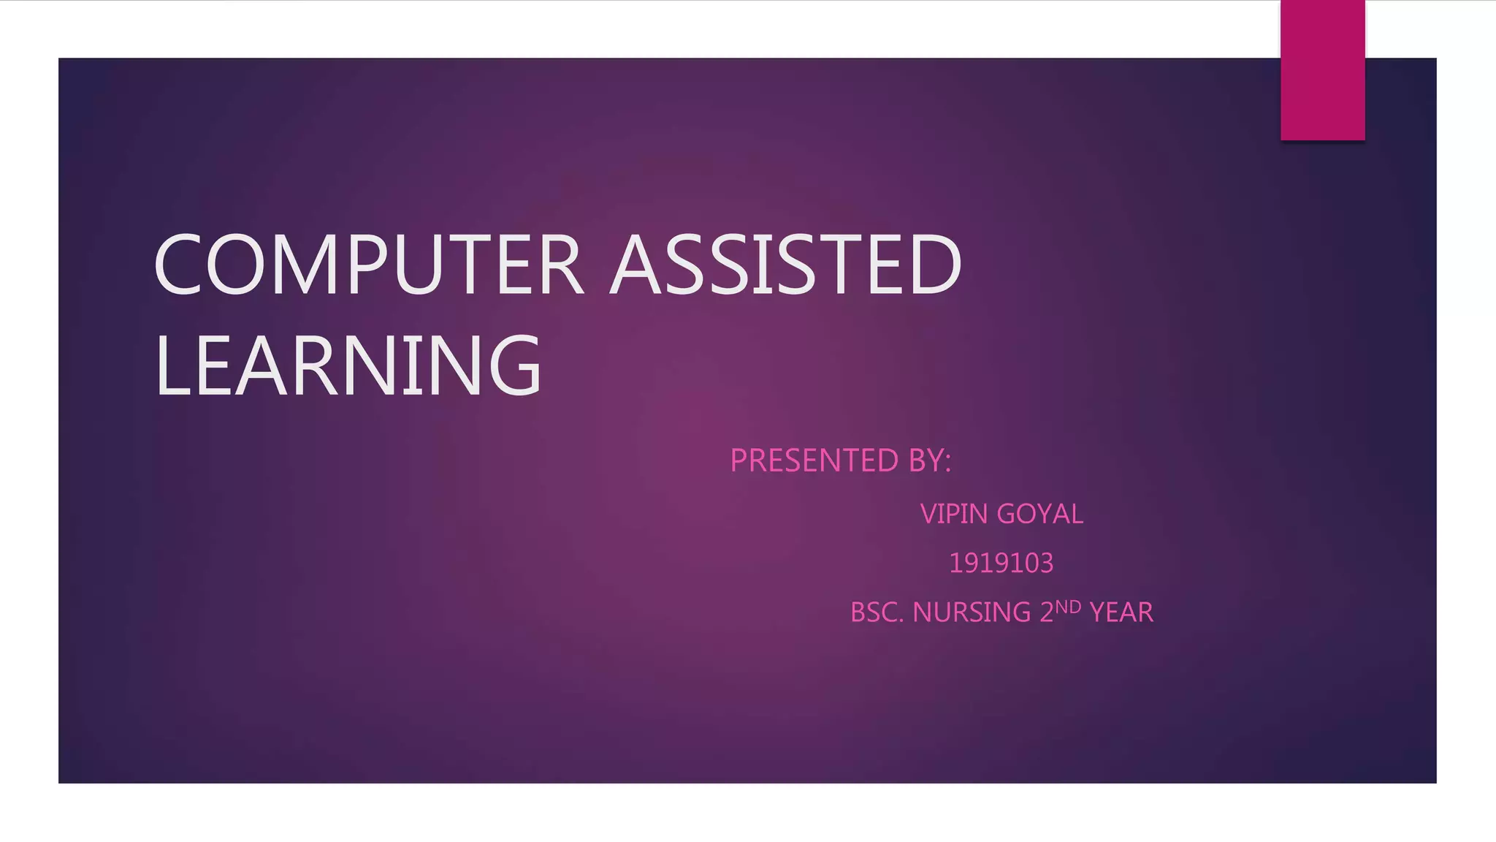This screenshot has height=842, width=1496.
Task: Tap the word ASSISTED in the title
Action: point(786,265)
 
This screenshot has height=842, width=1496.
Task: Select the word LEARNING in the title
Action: point(348,365)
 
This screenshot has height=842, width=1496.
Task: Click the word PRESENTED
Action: point(814,460)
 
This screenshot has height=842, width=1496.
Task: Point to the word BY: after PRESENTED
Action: point(929,460)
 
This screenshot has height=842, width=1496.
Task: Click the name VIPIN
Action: point(953,514)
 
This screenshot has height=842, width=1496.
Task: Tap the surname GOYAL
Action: point(1040,514)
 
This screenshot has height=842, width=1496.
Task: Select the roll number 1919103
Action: point(1001,563)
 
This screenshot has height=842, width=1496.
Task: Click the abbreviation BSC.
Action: point(877,612)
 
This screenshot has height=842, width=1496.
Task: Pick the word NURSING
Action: point(972,612)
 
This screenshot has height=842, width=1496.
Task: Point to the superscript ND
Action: point(1068,607)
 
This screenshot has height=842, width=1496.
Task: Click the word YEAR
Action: point(1121,612)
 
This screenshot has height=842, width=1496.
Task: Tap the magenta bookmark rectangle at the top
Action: point(1322,70)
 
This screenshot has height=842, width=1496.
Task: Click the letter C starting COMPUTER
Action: point(177,265)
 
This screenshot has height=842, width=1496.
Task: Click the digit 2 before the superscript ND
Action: point(1047,612)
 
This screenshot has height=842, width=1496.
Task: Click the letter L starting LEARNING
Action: point(170,365)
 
